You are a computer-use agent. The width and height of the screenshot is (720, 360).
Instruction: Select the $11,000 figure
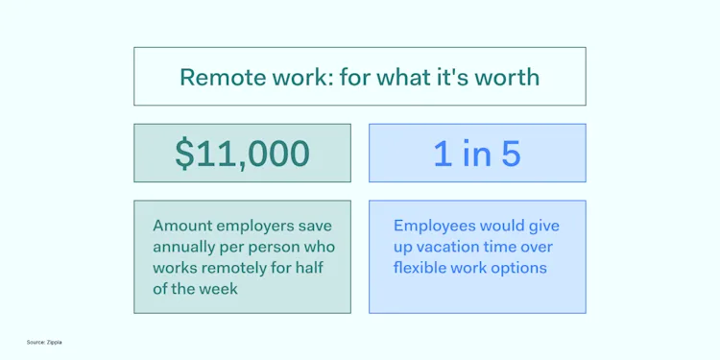(242, 154)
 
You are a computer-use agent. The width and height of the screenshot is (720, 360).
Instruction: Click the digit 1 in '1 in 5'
(443, 154)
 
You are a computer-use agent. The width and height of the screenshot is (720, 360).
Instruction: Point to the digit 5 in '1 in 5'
(510, 154)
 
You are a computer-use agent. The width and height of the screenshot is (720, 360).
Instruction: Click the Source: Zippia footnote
(44, 342)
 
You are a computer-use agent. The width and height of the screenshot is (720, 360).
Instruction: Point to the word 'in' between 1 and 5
(475, 154)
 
